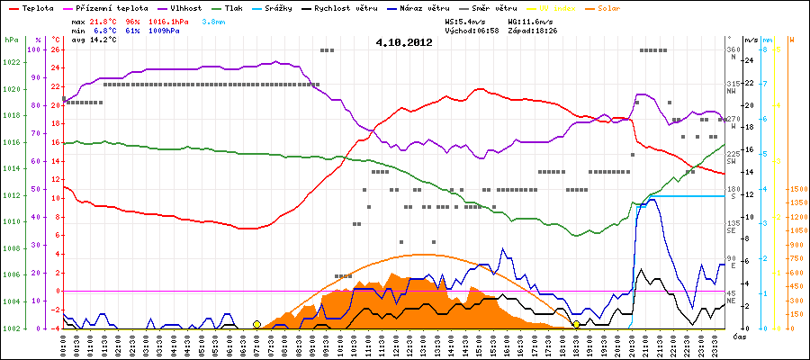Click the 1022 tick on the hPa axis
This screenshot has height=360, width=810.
11,62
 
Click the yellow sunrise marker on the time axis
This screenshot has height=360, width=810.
256,324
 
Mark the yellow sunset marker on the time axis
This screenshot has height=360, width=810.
577,324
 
